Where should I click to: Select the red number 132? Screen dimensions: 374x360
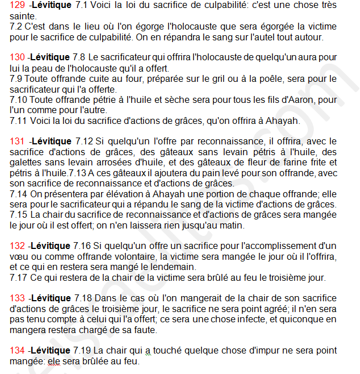point(18,246)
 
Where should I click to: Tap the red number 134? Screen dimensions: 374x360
point(18,350)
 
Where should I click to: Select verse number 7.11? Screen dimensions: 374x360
point(20,121)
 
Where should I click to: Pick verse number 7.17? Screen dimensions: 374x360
point(20,277)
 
